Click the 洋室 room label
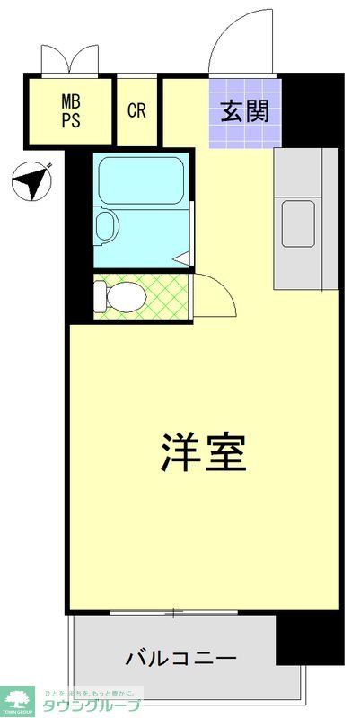[204, 453]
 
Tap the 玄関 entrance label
[245, 112]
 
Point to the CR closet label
[136, 110]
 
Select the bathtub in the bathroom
[141, 180]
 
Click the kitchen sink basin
[299, 217]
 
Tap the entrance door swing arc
[240, 40]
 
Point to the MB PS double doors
[69, 59]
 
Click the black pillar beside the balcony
[297, 638]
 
